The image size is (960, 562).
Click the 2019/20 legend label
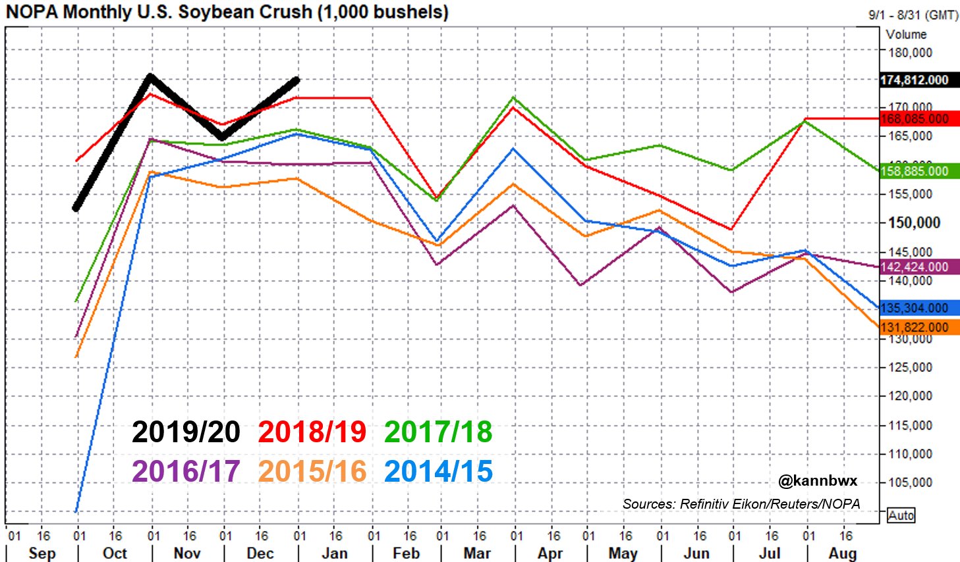[x=186, y=432]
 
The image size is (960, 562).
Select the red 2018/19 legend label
[x=312, y=432]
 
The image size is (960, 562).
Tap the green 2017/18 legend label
[x=438, y=432]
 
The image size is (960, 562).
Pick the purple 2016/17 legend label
[x=186, y=472]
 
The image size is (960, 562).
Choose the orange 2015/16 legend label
[x=312, y=472]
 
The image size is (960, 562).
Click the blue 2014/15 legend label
[x=438, y=472]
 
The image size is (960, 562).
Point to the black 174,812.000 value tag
[x=915, y=80]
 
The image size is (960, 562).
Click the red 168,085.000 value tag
[x=915, y=119]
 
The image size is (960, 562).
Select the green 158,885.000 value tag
[x=915, y=171]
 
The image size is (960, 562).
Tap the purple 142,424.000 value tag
[x=915, y=267]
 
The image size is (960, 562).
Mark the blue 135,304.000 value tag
[x=915, y=308]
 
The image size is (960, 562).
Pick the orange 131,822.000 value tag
[x=915, y=328]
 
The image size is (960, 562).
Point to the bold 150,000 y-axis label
[x=914, y=223]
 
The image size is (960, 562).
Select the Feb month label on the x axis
[x=406, y=553]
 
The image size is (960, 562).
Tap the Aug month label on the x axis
[x=843, y=553]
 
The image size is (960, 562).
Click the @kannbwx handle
[x=818, y=482]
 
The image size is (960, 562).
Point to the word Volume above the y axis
[x=906, y=34]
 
